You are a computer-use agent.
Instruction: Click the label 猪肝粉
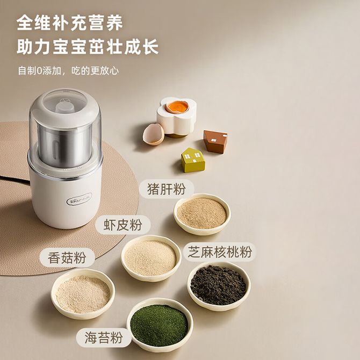point(167,189)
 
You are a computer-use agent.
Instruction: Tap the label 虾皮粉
point(123,225)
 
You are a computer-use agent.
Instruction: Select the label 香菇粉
point(67,257)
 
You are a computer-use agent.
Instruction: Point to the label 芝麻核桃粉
point(220,252)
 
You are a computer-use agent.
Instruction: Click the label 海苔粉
point(104,337)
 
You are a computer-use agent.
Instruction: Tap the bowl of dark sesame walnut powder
point(219,286)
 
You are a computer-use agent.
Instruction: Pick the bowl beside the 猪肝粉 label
point(202,214)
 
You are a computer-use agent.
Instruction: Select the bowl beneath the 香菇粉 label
point(83,294)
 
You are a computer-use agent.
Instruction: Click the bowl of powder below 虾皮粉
point(151,258)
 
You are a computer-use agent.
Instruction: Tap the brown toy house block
point(215,141)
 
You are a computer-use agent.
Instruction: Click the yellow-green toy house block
point(193,160)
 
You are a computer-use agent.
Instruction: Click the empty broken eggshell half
point(154,134)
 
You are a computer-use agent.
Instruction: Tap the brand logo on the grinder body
point(79,199)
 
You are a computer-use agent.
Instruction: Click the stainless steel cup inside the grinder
point(64,146)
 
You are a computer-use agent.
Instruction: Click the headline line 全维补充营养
point(70,23)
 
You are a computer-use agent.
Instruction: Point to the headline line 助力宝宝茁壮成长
point(88,47)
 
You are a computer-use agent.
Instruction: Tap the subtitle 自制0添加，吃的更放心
point(68,71)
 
